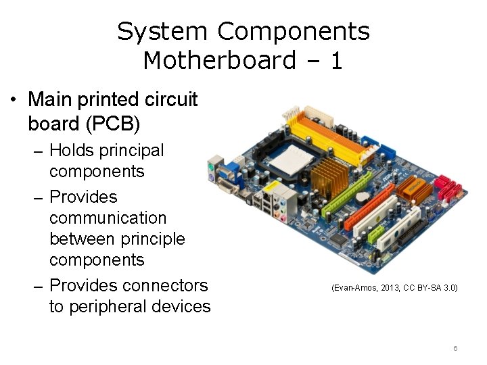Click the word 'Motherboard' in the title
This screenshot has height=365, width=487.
coord(219,61)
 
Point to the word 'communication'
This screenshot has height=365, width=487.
coord(108,218)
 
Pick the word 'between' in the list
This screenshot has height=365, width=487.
coord(84,239)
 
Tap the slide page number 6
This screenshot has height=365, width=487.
coord(455,348)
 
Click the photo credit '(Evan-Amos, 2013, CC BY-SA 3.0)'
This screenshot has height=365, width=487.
coord(394,288)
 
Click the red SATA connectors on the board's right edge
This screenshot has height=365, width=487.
coord(445,185)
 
